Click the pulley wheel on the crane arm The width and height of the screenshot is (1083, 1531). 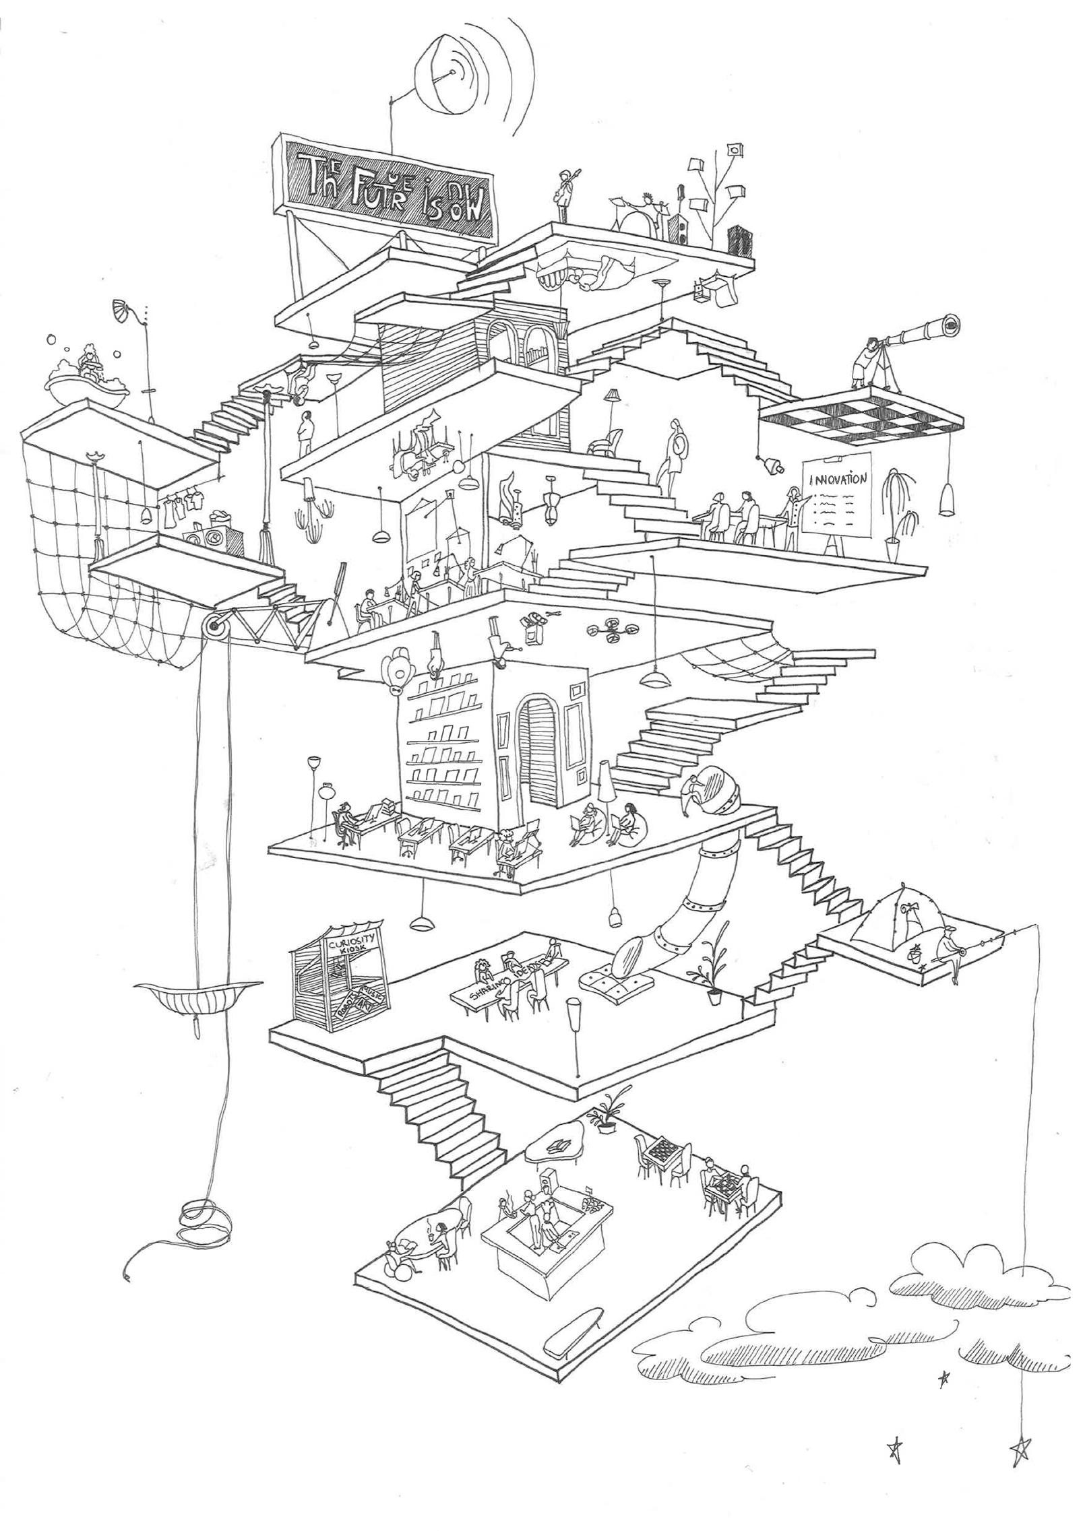click(216, 627)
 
